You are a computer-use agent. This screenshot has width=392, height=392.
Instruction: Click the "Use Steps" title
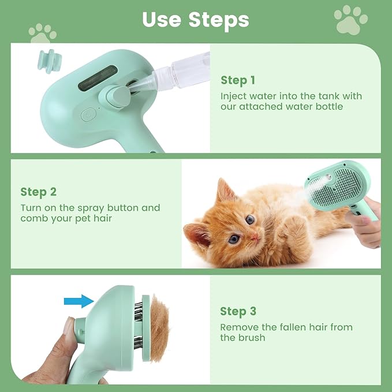[196, 19]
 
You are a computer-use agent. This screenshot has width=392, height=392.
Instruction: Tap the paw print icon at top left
[43, 33]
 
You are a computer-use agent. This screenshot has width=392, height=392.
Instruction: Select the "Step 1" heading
[237, 80]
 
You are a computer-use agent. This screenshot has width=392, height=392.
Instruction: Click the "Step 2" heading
[39, 192]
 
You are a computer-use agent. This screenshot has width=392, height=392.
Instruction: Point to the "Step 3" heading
[238, 312]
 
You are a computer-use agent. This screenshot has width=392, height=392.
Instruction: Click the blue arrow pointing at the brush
[79, 300]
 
